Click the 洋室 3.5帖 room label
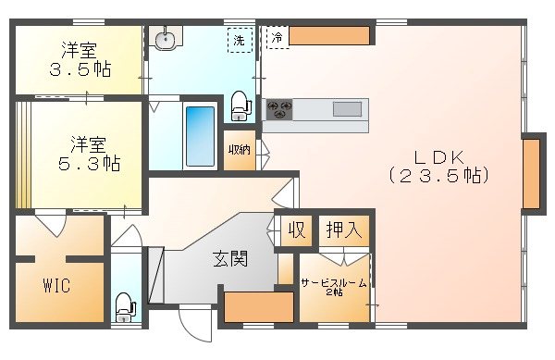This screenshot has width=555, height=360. (x=80, y=59)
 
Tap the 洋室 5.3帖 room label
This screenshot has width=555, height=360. (x=90, y=154)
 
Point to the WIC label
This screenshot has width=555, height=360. (x=55, y=284)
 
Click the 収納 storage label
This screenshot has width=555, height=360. (x=240, y=150)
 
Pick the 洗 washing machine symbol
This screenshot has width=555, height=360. (x=240, y=40)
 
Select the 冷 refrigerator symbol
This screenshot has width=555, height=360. (x=277, y=37)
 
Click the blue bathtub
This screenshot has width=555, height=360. (x=199, y=136)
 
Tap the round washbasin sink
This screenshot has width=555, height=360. (x=166, y=39)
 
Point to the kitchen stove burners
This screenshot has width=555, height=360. (x=278, y=110)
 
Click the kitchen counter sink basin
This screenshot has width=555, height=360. (x=347, y=109)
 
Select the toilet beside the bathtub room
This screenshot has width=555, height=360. (x=240, y=105)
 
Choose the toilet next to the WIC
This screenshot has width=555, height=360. (x=123, y=306)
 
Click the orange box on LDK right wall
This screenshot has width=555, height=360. (x=532, y=173)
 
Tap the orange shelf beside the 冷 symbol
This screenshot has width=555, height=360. (x=330, y=36)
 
